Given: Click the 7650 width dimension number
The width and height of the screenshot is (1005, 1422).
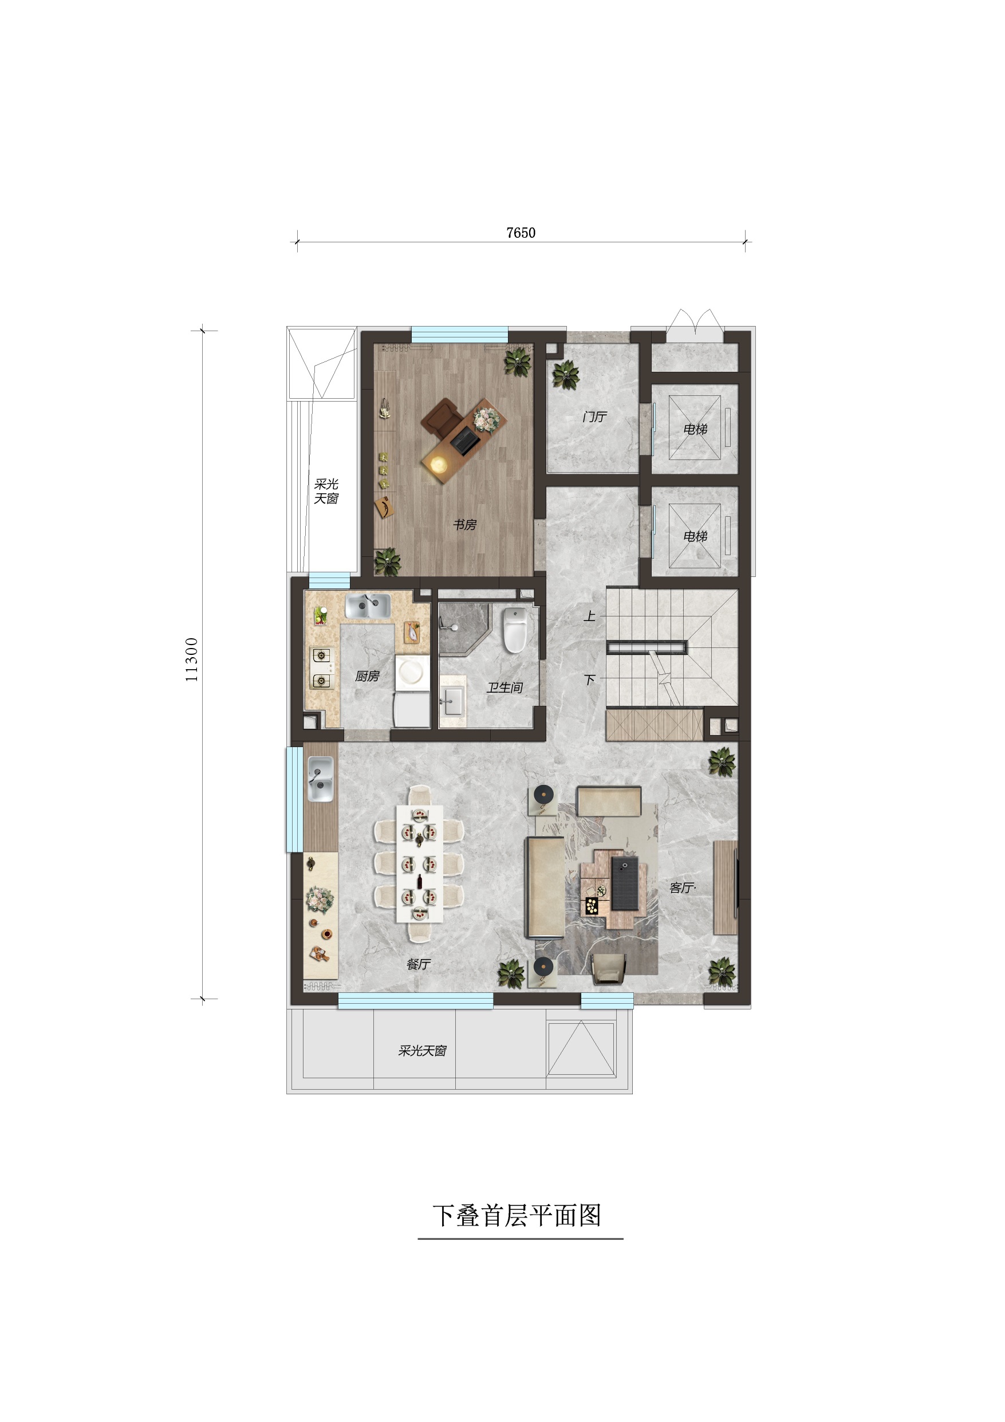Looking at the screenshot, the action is (x=521, y=233).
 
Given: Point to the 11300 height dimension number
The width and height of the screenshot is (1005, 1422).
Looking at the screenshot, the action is (x=192, y=660).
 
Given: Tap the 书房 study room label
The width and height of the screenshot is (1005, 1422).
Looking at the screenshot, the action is (x=464, y=525).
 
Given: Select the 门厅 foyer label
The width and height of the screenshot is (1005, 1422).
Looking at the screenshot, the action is (x=594, y=417).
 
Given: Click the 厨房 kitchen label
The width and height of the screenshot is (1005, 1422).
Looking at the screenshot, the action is (x=366, y=676).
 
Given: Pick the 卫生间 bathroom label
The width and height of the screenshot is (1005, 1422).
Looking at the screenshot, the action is (x=505, y=688).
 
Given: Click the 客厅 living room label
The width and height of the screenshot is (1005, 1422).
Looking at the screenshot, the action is (x=682, y=888).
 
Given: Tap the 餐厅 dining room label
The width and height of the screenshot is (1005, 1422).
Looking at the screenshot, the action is (x=418, y=964).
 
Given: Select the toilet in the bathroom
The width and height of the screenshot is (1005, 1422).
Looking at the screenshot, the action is (x=515, y=630).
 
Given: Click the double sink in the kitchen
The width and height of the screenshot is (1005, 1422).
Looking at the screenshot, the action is (x=368, y=606).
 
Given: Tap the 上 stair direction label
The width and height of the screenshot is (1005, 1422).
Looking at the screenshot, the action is (x=589, y=616).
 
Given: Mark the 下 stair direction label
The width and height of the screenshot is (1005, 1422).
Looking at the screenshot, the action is (x=589, y=679).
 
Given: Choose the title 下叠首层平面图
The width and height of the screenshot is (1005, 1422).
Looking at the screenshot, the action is (x=517, y=1216).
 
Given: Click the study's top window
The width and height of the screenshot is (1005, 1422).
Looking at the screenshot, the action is (x=459, y=335).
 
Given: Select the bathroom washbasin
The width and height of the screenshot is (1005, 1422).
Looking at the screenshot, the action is (x=452, y=702).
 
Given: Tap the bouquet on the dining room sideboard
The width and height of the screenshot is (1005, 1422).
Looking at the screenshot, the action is (x=320, y=899).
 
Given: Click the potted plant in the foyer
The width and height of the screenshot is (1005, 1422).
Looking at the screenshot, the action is (x=565, y=375).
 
